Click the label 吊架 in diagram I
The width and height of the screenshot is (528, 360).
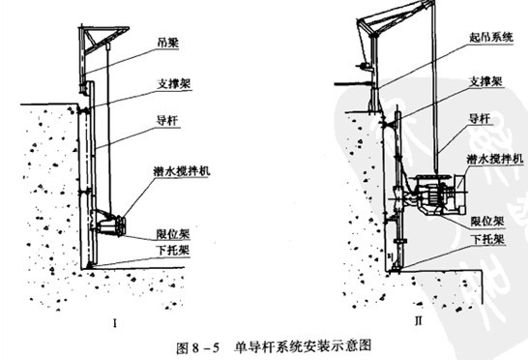click(x=167, y=43)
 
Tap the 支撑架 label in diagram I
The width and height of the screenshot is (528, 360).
click(x=174, y=83)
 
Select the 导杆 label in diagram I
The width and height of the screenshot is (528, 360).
click(x=167, y=120)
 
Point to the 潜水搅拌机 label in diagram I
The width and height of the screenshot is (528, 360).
click(x=182, y=171)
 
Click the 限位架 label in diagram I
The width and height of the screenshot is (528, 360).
click(x=173, y=234)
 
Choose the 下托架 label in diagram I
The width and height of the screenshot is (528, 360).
click(x=172, y=250)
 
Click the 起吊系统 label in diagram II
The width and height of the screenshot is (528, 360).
click(x=491, y=37)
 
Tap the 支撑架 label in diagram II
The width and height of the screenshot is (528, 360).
click(x=485, y=81)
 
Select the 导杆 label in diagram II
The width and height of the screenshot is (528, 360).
click(x=480, y=118)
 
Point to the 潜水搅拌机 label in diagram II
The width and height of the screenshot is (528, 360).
click(x=495, y=159)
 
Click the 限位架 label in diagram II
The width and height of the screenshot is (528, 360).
click(x=487, y=221)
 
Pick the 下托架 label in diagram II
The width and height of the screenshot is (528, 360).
click(x=488, y=239)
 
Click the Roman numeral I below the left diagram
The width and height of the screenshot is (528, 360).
click(x=115, y=324)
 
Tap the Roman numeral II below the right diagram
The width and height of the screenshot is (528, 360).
click(x=418, y=320)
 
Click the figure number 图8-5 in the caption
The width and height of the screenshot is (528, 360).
click(x=197, y=347)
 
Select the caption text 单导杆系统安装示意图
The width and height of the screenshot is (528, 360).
click(x=303, y=346)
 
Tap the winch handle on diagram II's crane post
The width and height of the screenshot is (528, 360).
click(x=364, y=67)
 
